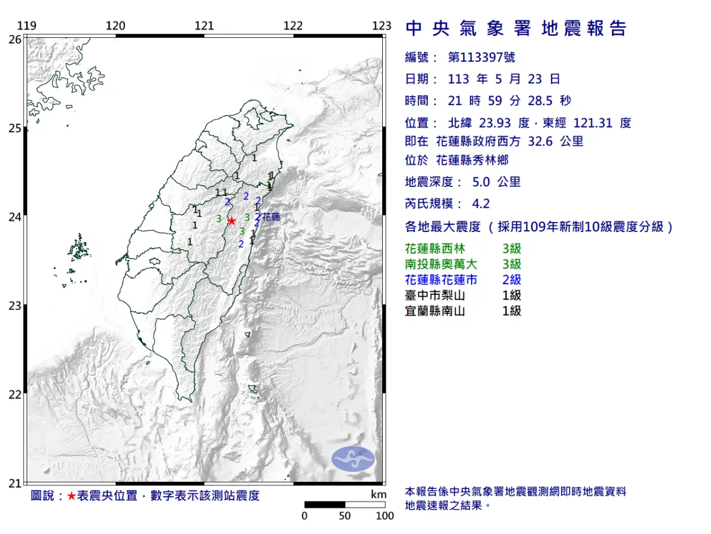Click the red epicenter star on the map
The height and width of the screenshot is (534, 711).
pyautogui.click(x=232, y=220)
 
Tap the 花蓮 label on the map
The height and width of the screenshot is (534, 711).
pyautogui.click(x=271, y=217)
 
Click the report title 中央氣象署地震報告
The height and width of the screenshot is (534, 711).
pyautogui.click(x=515, y=28)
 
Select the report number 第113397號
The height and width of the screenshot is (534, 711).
pyautogui.click(x=482, y=58)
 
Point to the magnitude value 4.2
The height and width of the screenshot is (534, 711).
pyautogui.click(x=481, y=204)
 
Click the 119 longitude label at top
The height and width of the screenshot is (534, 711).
pyautogui.click(x=27, y=26)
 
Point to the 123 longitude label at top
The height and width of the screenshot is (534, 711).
pyautogui.click(x=382, y=26)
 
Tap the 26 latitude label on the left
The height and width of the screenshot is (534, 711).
pyautogui.click(x=15, y=39)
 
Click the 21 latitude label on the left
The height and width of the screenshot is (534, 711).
pyautogui.click(x=15, y=484)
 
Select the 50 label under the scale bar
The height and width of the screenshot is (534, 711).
pyautogui.click(x=345, y=516)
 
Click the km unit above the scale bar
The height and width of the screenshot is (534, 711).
pyautogui.click(x=379, y=494)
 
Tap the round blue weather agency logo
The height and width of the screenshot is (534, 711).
pyautogui.click(x=353, y=459)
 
